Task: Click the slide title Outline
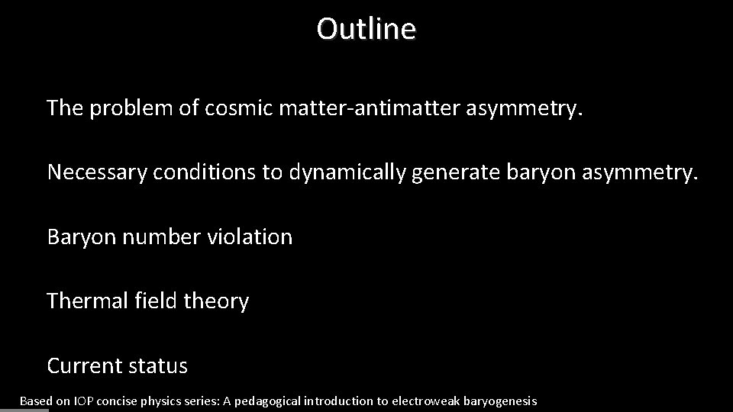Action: (x=366, y=30)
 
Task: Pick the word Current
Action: (x=83, y=366)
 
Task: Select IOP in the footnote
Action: (x=83, y=401)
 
